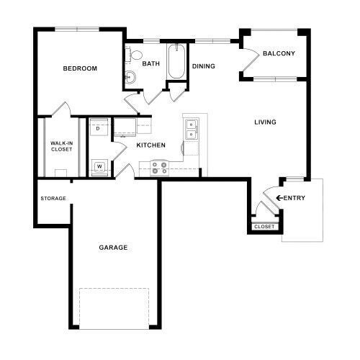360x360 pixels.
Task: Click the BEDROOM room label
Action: pos(80,68)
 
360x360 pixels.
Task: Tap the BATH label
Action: pos(150,63)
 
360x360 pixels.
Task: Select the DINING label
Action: pos(204,66)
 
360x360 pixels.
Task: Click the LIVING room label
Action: pos(265,122)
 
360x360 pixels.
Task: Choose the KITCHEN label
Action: pos(151,145)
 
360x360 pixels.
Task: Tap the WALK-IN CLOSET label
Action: pos(61,146)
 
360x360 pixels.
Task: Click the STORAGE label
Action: pos(53,198)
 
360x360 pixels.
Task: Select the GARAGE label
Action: pos(113,247)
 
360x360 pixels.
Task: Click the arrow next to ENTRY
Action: pos(279,198)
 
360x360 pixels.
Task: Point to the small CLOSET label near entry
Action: pos(264,227)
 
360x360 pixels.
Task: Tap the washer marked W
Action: pos(99,167)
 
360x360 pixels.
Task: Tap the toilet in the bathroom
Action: pos(136,56)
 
